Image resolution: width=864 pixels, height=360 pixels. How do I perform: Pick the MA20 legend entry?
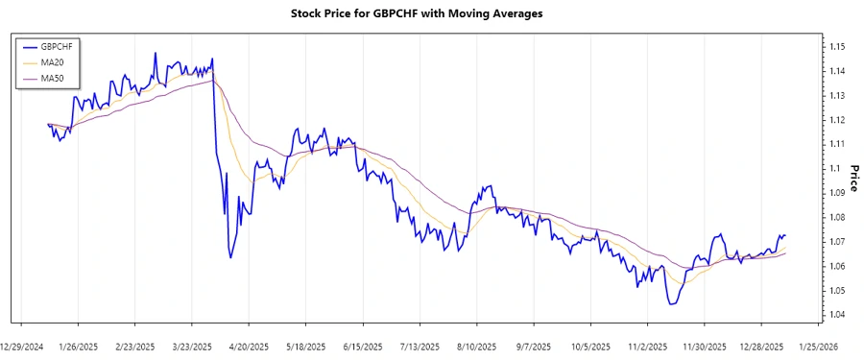point(47,62)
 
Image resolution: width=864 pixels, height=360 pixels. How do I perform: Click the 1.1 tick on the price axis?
point(830,168)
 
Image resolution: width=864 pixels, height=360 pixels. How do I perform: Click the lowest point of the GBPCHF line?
point(670,304)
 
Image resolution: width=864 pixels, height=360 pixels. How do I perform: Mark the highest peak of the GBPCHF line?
point(155,54)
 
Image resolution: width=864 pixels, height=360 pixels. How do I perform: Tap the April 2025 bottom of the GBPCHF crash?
point(230,257)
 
